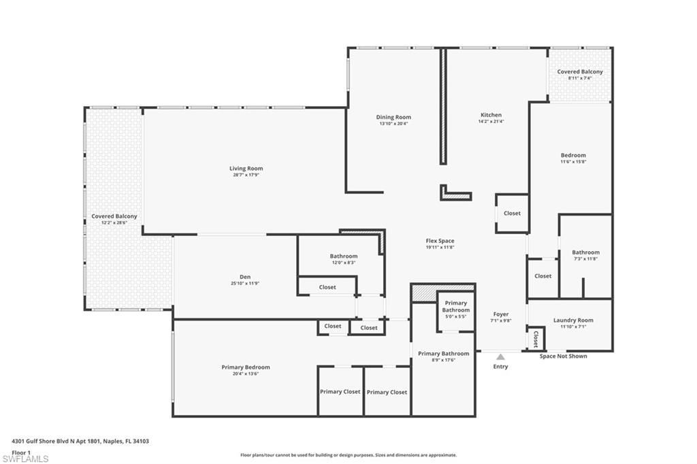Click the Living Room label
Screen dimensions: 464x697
[x=246, y=168]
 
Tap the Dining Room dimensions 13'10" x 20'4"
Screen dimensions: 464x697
[x=393, y=124]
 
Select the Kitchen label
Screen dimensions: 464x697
[x=491, y=115]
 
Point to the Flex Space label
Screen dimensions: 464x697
[x=440, y=241]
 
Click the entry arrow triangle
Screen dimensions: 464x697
[x=500, y=356]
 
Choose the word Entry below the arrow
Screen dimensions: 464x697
[x=500, y=367]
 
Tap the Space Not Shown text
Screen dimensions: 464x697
[x=563, y=356]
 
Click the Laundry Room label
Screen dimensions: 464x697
[x=573, y=320]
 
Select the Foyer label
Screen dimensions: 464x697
[x=500, y=314]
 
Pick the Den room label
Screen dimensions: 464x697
[x=245, y=276]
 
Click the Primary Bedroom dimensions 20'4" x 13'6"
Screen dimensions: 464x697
[x=245, y=374]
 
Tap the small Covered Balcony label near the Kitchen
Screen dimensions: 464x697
[x=580, y=71]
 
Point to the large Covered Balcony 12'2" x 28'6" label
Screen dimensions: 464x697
[x=114, y=216]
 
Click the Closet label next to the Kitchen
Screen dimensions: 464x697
[x=512, y=213]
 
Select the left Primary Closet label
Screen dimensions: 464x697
[x=340, y=392]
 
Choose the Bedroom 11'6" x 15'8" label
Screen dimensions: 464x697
[x=573, y=155]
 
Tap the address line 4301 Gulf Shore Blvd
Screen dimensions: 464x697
[x=80, y=441]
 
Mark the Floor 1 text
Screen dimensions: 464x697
[x=22, y=452]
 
